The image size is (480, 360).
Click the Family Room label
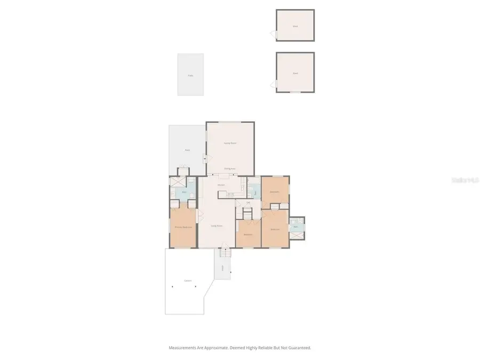(x=230, y=143)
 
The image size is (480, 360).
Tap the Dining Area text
(x=230, y=169)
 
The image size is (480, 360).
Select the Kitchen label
(x=221, y=185)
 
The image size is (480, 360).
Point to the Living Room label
(x=216, y=226)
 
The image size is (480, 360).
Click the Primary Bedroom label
(x=183, y=227)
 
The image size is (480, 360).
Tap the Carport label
(x=188, y=281)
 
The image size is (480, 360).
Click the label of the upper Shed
(x=295, y=26)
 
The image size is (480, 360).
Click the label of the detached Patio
(x=190, y=75)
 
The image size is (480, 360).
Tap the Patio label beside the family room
(x=188, y=150)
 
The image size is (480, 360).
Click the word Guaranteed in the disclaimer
(x=300, y=348)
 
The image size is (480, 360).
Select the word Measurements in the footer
(x=184, y=348)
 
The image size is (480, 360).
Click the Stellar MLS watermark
(x=465, y=180)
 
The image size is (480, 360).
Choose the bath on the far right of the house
(x=297, y=227)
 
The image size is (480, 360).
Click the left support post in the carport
(x=172, y=286)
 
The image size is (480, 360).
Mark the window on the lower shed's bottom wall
(x=294, y=92)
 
